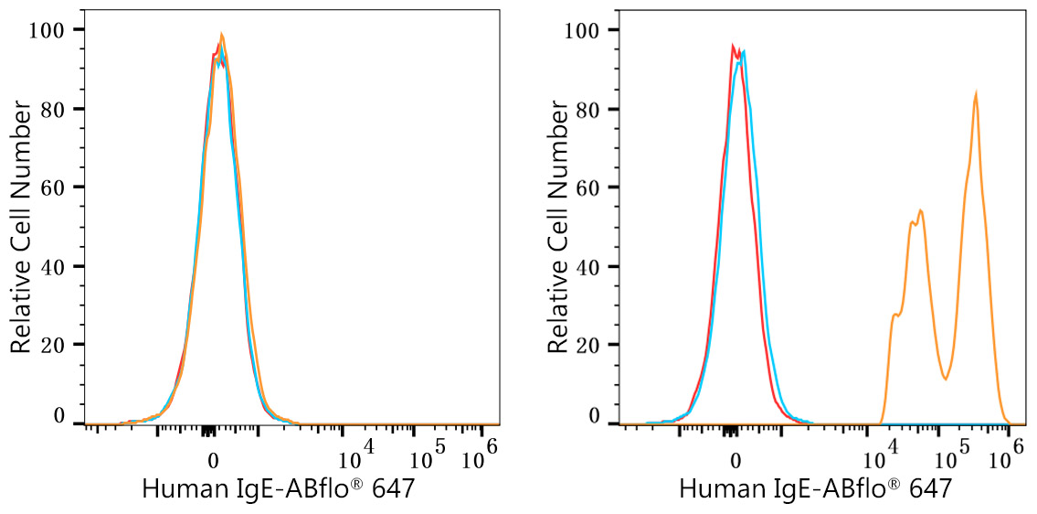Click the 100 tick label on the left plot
tap(47, 30)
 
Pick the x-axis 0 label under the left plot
tap(213, 459)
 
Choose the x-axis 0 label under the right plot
tap(734, 459)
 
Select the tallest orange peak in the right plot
tap(977, 93)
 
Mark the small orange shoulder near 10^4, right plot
tap(895, 315)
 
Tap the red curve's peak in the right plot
tap(733, 46)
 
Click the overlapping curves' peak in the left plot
tap(220, 37)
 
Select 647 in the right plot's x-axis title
tap(929, 489)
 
